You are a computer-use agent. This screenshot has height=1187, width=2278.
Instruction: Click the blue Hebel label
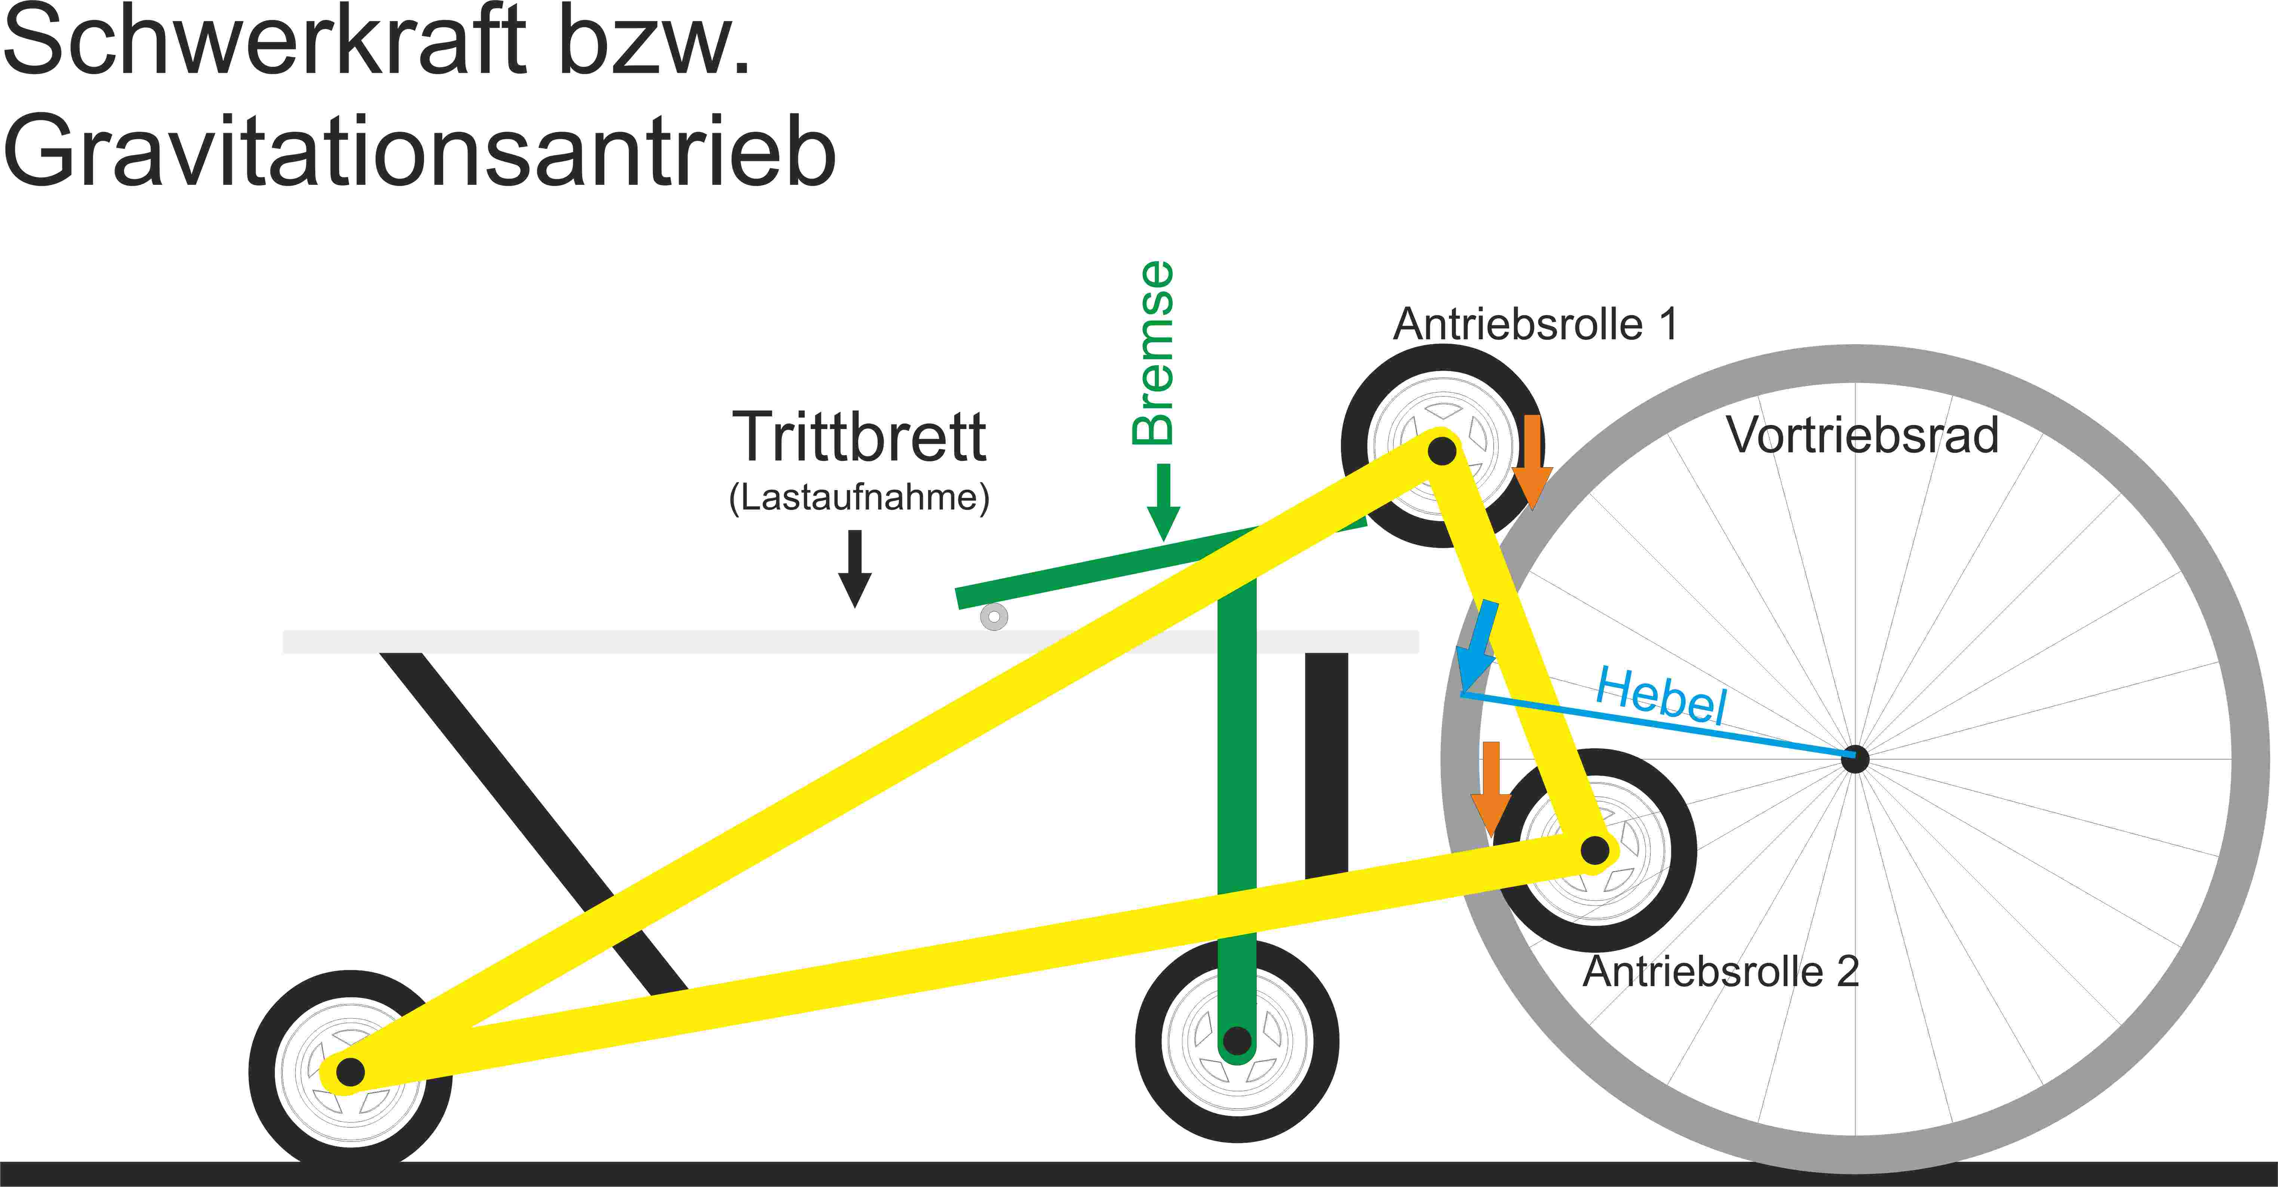1661,695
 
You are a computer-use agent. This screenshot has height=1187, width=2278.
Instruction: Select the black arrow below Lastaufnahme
855,568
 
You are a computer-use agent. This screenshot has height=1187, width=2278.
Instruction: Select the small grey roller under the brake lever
994,617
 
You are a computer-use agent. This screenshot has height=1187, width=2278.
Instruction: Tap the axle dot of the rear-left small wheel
350,1072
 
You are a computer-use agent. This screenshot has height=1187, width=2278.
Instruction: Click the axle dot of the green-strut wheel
1237,1040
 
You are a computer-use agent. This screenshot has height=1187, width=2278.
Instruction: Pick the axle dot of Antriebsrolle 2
1594,851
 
